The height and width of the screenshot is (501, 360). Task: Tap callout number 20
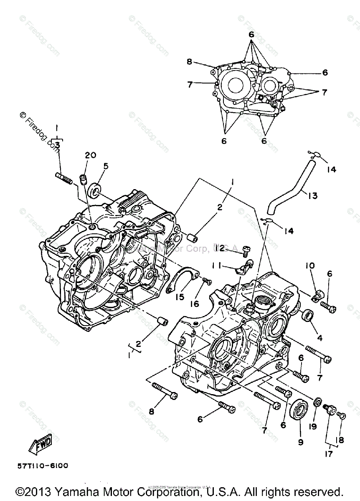click(90, 155)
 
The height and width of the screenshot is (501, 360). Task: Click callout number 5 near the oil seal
click(106, 166)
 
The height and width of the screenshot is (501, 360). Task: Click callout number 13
click(312, 195)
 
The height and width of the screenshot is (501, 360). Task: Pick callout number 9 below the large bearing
click(301, 442)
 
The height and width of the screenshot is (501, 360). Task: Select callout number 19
click(313, 427)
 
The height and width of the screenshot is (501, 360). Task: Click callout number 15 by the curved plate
click(180, 297)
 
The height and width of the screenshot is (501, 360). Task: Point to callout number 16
click(195, 304)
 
